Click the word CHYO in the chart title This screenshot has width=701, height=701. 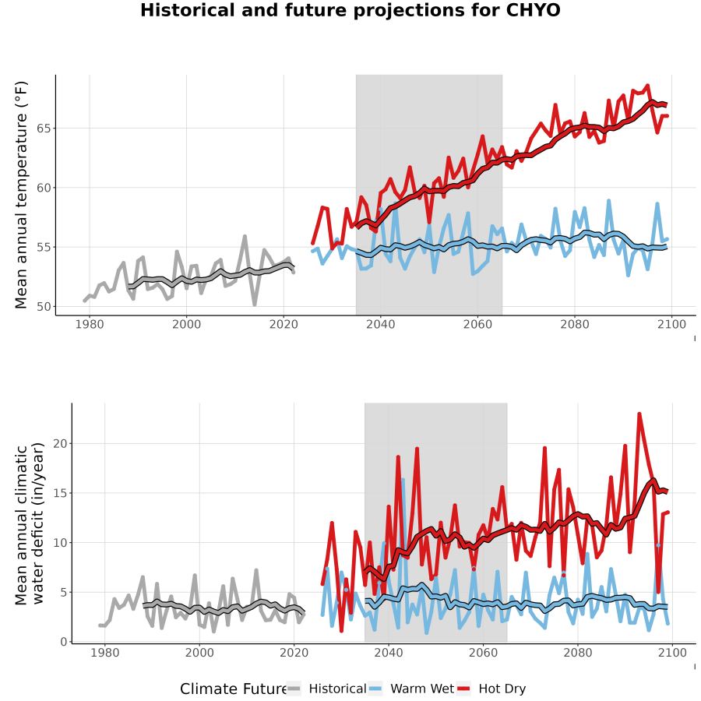click(x=533, y=10)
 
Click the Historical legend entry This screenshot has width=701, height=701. click(x=326, y=689)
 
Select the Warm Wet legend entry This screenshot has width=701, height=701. click(x=411, y=689)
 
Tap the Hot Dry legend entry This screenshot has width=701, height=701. click(x=491, y=689)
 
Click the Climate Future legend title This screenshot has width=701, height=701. click(x=233, y=689)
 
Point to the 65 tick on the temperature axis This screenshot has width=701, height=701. click(x=44, y=129)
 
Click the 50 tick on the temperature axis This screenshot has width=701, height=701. click(x=44, y=307)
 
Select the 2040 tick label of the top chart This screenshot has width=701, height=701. click(x=380, y=324)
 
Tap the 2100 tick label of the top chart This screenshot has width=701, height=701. click(x=671, y=324)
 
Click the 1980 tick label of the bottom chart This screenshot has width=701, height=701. click(x=105, y=653)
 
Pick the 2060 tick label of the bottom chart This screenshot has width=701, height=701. click(x=483, y=653)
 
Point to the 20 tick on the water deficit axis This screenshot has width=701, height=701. click(x=60, y=443)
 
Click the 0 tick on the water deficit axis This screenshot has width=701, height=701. click(x=64, y=642)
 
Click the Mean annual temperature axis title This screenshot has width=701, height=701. click(x=21, y=195)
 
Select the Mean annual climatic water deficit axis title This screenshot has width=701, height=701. click(x=30, y=523)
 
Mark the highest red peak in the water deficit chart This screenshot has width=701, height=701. click(x=639, y=414)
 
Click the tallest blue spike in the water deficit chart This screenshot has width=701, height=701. click(x=403, y=480)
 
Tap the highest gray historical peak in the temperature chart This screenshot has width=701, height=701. click(x=245, y=236)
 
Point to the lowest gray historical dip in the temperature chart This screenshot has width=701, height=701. click(x=255, y=305)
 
